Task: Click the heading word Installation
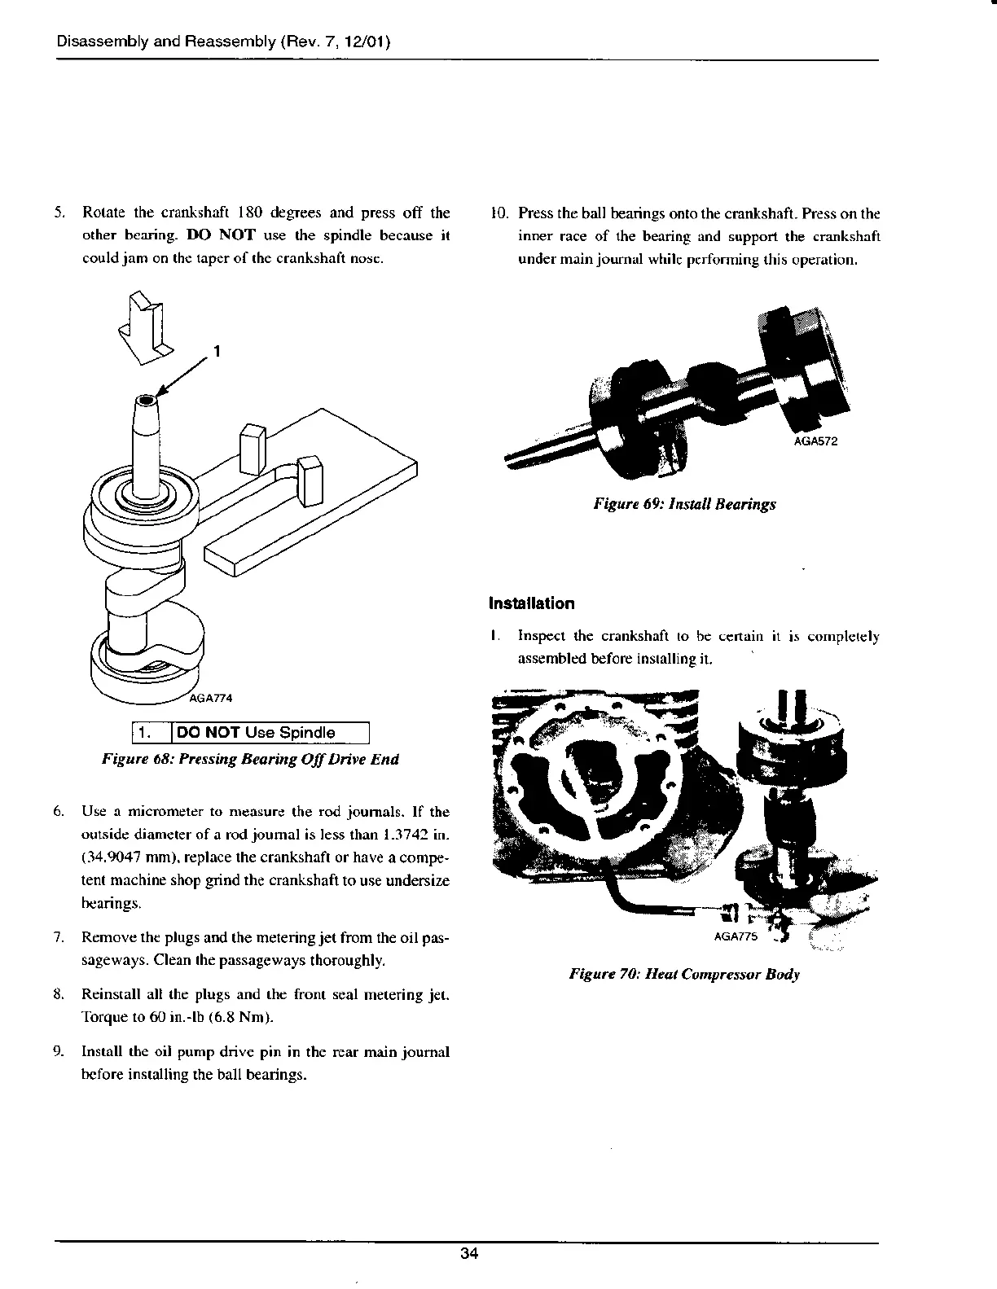531,603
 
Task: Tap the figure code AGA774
211,697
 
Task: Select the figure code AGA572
815,442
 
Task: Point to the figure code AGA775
736,936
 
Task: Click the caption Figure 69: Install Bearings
684,504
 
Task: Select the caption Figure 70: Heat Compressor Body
683,974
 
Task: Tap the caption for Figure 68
250,760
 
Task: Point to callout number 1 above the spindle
217,351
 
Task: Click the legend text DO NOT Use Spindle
256,732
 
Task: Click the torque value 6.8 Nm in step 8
246,1019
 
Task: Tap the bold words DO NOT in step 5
210,236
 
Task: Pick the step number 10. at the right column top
498,213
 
